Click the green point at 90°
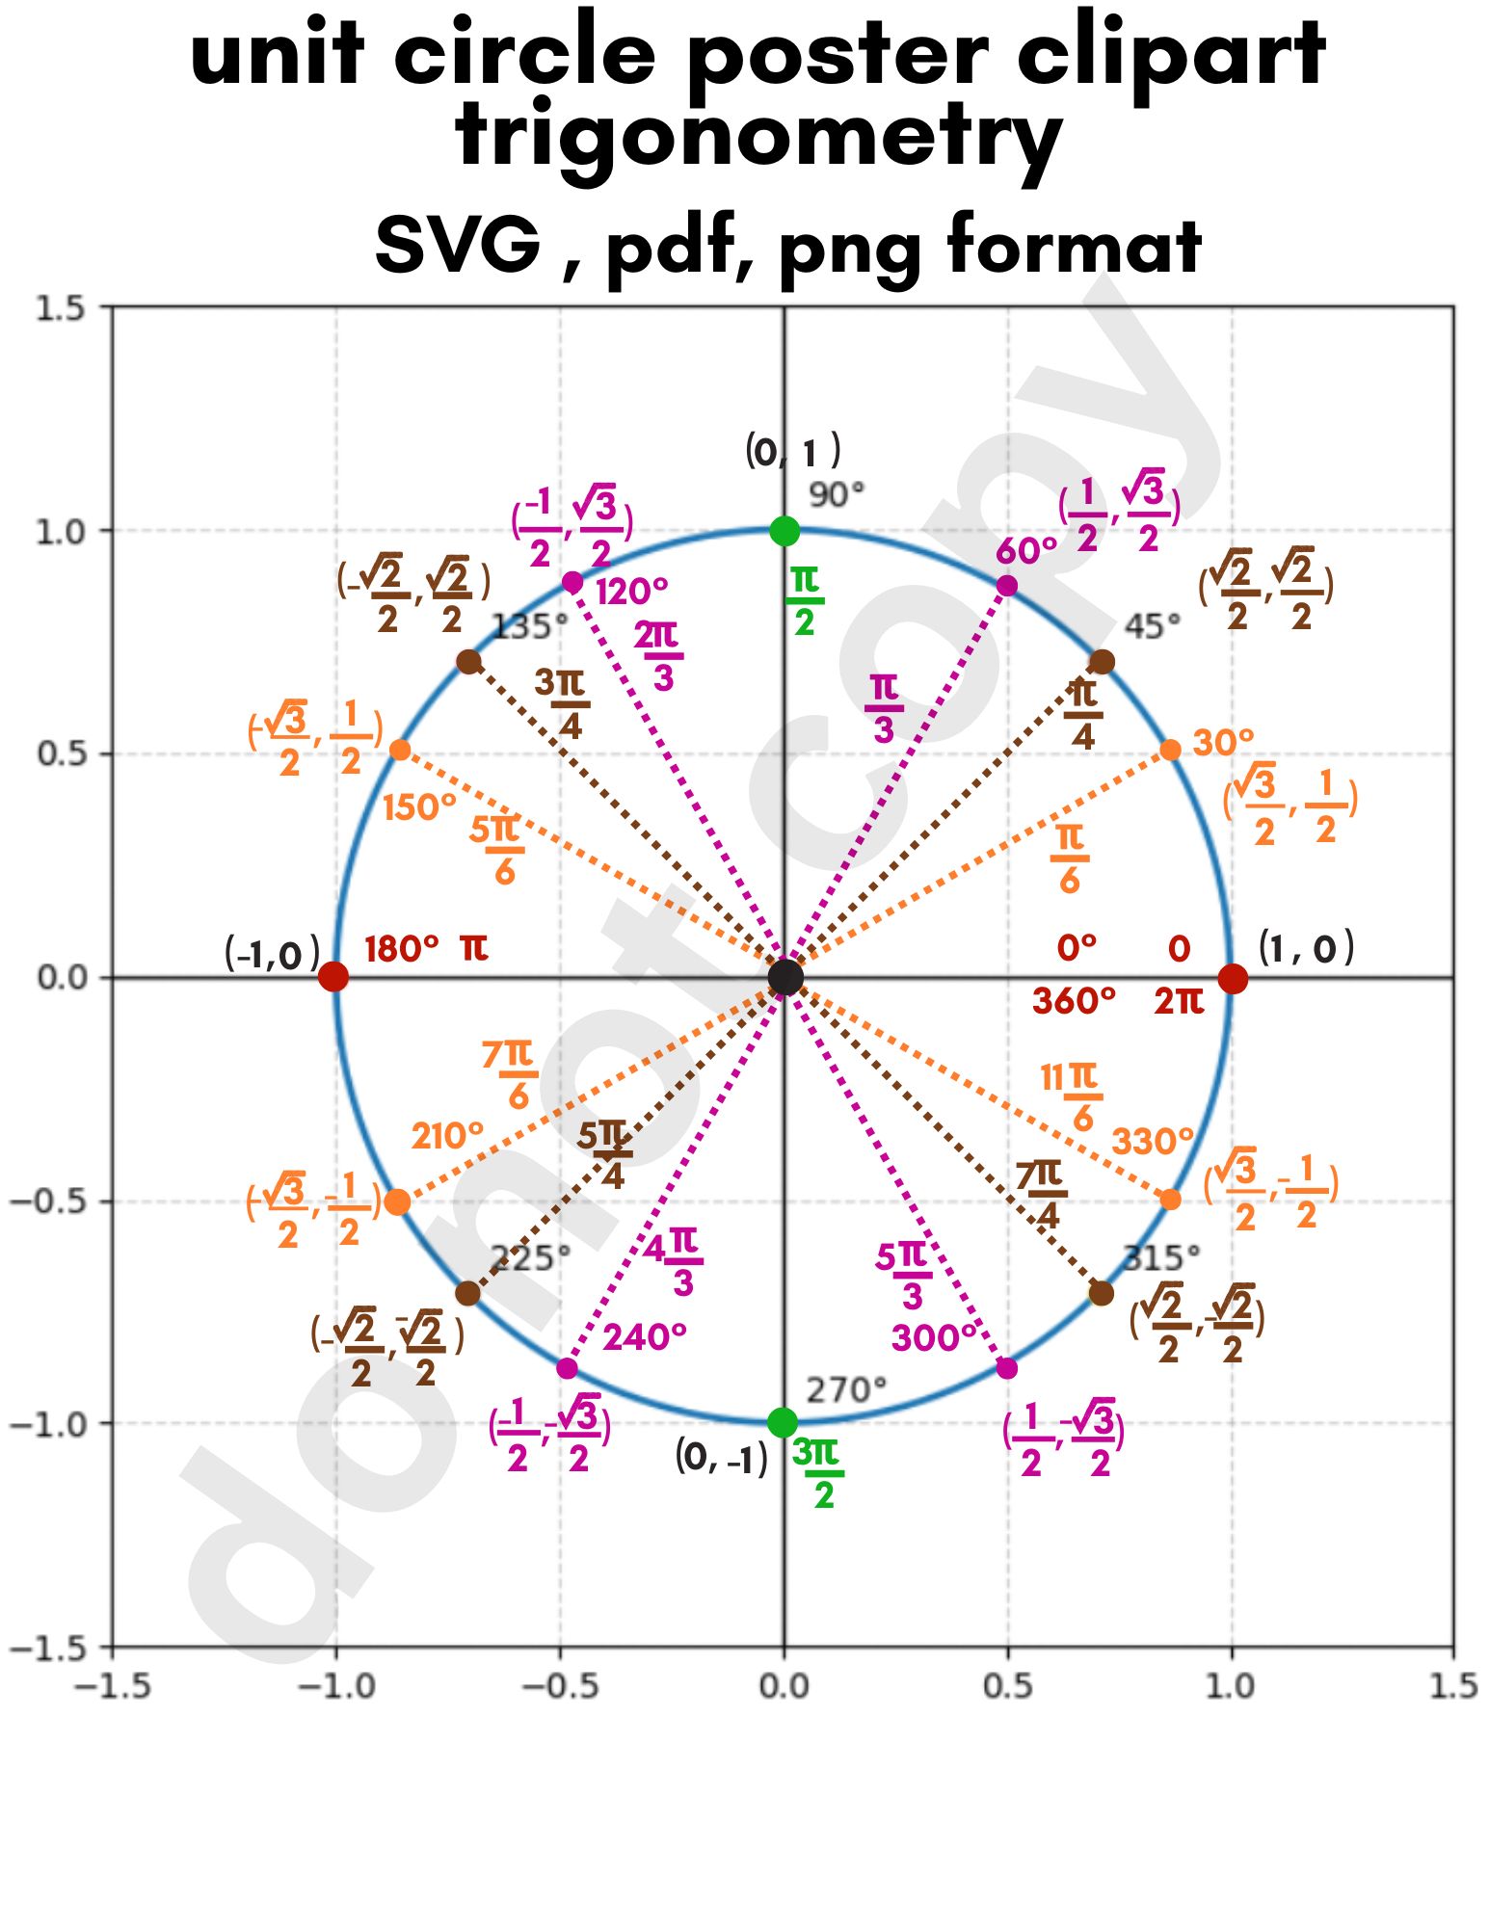[x=784, y=530]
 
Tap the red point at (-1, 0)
[x=333, y=977]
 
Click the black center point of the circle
[x=785, y=977]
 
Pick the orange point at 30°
[x=1170, y=750]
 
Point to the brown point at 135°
[x=468, y=662]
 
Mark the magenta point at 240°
[x=567, y=1368]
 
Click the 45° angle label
[x=1152, y=627]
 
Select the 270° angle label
[x=845, y=1390]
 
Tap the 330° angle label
[x=1152, y=1142]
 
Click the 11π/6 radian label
[x=1070, y=1096]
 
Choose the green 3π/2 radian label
[x=817, y=1472]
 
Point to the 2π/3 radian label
[x=658, y=656]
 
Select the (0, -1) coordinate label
[x=722, y=1458]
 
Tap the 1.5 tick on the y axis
[x=60, y=308]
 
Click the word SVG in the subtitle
[x=458, y=245]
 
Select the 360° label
[x=1074, y=1002]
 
